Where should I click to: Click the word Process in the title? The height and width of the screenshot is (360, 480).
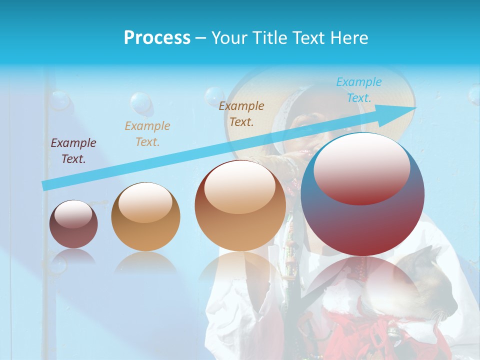point(157,38)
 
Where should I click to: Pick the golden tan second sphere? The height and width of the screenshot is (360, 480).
point(145,217)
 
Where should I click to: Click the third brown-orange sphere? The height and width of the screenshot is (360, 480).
point(240,206)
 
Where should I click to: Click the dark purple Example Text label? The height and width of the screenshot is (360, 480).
point(73,151)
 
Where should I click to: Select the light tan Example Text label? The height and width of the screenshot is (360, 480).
point(147,134)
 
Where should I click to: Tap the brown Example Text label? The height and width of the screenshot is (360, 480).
point(241,114)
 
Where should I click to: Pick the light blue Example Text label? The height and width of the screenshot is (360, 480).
point(359,90)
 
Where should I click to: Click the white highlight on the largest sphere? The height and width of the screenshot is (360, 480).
point(361,167)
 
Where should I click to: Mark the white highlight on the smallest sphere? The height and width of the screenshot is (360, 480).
point(73,214)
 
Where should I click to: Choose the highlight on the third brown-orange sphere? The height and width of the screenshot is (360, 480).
point(239,186)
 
